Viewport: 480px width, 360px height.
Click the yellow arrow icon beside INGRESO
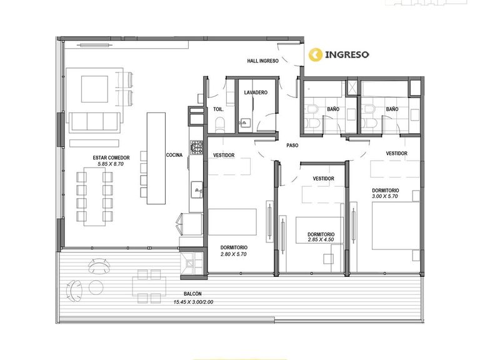point(315,55)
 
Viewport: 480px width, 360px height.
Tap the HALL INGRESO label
point(262,61)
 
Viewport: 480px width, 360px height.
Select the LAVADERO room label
point(256,92)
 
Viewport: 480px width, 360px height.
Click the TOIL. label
point(219,109)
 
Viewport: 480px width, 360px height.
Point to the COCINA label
point(174,155)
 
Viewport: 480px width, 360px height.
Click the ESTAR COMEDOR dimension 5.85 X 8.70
point(111,164)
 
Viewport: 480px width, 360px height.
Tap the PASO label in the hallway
point(292,146)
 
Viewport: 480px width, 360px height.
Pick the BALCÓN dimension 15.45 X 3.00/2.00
point(194,302)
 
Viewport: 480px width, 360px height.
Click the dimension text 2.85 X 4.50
point(321,240)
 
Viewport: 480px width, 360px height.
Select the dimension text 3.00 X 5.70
point(385,196)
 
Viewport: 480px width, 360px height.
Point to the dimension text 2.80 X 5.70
point(234,254)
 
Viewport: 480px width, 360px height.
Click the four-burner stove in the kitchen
point(196,147)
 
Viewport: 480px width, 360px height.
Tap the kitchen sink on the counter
point(196,190)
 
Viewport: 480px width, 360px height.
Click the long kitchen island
point(156,158)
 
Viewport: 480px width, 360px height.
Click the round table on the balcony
point(96,287)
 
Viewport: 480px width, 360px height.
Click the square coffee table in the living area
point(94,89)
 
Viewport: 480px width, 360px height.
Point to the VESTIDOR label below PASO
point(324,179)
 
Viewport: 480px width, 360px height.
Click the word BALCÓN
point(193,294)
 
